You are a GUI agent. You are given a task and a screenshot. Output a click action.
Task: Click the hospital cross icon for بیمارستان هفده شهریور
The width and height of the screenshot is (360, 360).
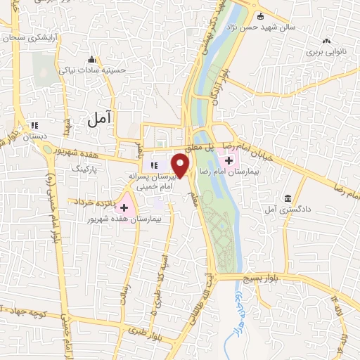click(124, 207)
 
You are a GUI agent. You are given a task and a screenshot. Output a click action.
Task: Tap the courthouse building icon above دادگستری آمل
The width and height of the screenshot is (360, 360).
click(288, 199)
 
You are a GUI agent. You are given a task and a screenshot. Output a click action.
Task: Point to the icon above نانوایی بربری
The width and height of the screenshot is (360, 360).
click(328, 41)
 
